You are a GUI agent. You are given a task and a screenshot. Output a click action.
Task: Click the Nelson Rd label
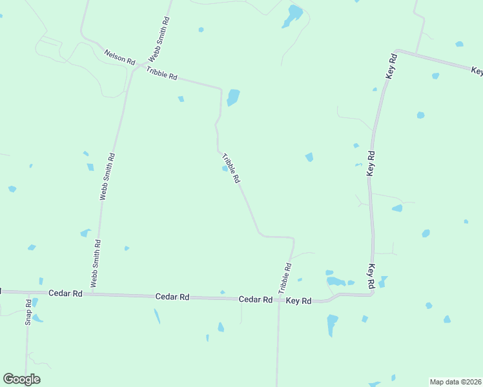coord(119,57)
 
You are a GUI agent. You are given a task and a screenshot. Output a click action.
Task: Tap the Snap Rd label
coord(28,312)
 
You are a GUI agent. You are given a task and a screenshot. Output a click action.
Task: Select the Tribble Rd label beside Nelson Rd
coord(161,73)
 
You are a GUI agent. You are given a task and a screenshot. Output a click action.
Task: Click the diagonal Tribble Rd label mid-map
coord(231,168)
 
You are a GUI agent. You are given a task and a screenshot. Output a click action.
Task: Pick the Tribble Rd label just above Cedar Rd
coord(285,278)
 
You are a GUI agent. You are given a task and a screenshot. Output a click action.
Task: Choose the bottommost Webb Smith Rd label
coord(96,263)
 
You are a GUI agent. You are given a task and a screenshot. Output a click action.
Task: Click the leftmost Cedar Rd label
coord(66,293)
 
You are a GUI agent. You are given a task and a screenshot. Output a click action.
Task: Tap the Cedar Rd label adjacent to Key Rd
coord(255,299)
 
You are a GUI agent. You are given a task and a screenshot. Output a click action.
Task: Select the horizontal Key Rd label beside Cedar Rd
coord(298,301)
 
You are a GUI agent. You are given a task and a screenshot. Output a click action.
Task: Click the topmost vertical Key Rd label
coord(391,66)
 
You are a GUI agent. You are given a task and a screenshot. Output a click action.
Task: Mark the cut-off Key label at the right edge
coord(477,70)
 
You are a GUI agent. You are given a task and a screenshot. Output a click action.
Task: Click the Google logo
coord(21,379)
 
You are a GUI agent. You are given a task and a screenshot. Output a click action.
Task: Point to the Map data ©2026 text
coord(455,381)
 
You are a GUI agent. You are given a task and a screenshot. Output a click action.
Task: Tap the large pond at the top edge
coord(293,15)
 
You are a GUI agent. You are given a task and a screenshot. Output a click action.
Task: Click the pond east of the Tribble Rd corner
coord(233,97)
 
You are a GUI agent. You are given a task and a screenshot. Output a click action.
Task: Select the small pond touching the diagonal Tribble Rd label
coord(225,169)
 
